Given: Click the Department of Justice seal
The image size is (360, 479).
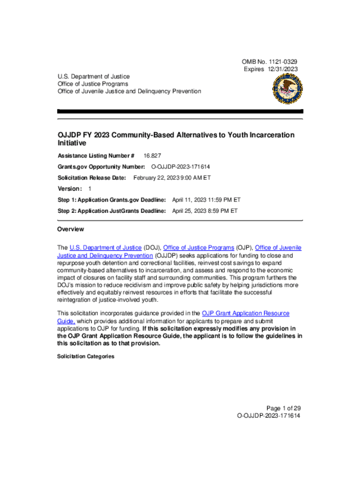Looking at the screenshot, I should tap(287, 89).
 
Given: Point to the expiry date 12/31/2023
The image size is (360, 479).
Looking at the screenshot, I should tap(282, 69).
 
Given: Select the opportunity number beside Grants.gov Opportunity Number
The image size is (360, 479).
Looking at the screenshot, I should tap(180, 167).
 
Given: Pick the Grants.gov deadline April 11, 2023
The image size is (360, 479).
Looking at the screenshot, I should tap(206, 200).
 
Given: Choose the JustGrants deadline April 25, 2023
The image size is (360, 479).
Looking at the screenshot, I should tap(205, 211).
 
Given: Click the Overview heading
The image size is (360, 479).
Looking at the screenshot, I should tap(71, 229).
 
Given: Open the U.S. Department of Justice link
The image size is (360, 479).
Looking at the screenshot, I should tap(106, 247).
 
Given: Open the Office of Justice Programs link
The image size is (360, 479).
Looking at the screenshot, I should tap(199, 247).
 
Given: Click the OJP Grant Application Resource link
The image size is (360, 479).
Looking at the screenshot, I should tap(245, 313).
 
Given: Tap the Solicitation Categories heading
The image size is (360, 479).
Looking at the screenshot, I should tap(86, 356).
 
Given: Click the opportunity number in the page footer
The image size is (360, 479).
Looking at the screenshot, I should tap(269, 415).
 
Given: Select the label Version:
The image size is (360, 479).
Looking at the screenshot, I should tap(70, 189).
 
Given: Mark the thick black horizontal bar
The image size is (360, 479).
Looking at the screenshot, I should tap(180, 111).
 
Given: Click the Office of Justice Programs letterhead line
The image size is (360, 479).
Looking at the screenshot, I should tap(93, 84).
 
